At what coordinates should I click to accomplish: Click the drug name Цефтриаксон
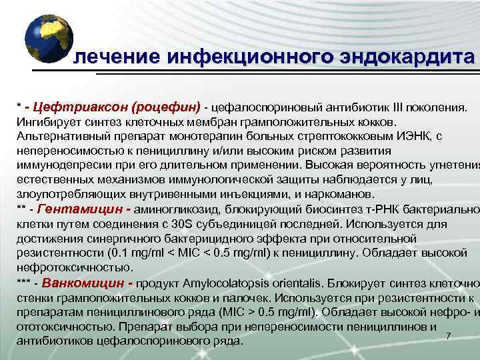point(83,107)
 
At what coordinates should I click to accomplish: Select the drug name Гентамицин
point(70,209)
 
